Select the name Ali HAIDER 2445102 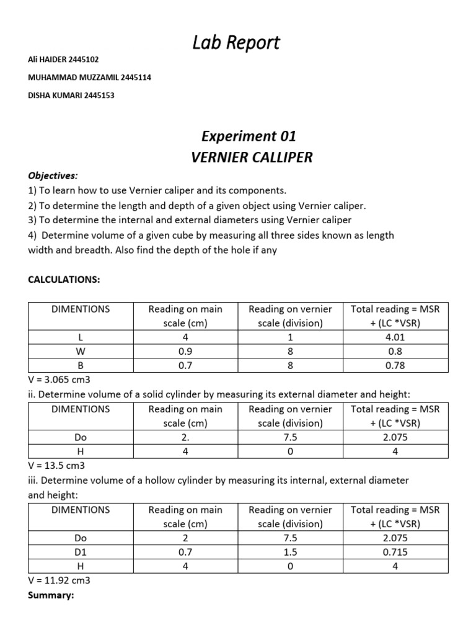coord(64,60)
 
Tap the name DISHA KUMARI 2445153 coord(71,95)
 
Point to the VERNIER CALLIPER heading coord(251,157)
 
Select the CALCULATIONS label coord(64,280)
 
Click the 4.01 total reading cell coord(395,337)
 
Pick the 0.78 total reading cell coord(395,365)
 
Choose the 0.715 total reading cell coord(395,552)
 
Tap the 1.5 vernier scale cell coord(290,552)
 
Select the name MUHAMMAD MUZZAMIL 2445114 coord(90,78)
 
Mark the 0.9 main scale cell coord(185,352)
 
